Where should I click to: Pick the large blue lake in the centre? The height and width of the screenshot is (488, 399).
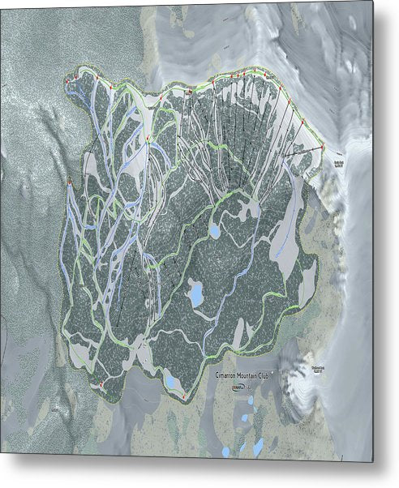point(196,293)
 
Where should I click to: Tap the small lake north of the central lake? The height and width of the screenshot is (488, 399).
point(214,231)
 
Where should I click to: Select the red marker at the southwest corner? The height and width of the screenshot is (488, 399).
point(101,383)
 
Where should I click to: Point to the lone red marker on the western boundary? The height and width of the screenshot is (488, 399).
point(70,182)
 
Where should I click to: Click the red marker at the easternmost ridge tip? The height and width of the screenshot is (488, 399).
point(323,146)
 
